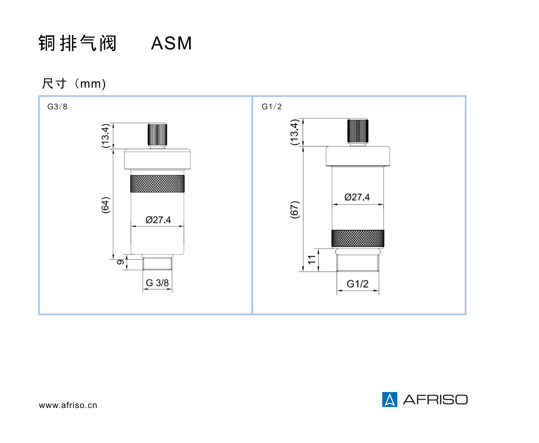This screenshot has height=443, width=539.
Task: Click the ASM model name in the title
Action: click(x=171, y=43)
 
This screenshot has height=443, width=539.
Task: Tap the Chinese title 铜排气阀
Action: click(x=77, y=43)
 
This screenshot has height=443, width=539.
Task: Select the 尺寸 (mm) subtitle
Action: click(x=74, y=84)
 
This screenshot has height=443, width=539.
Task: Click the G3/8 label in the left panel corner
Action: click(x=57, y=106)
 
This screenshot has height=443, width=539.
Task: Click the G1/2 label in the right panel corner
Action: click(x=272, y=106)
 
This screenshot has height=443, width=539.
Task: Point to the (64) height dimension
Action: click(x=105, y=205)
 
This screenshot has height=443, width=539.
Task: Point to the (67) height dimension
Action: click(x=295, y=209)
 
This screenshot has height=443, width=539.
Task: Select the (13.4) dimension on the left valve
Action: click(x=105, y=136)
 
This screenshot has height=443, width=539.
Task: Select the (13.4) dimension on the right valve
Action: click(x=295, y=132)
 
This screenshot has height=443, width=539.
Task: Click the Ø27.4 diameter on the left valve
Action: click(x=158, y=220)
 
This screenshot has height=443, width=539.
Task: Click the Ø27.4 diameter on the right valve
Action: click(x=357, y=197)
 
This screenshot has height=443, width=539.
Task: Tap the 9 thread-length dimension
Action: click(x=120, y=262)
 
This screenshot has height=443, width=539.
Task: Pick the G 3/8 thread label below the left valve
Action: click(x=157, y=283)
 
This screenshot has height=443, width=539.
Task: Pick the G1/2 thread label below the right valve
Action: click(x=358, y=284)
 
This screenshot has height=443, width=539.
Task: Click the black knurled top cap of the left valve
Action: click(x=157, y=134)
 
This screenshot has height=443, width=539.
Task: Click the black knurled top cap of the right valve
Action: click(x=358, y=131)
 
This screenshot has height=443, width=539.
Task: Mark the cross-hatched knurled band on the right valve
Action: click(x=358, y=238)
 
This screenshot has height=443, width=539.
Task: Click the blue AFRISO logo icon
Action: click(x=390, y=399)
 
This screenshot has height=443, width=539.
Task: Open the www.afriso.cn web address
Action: click(x=68, y=405)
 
